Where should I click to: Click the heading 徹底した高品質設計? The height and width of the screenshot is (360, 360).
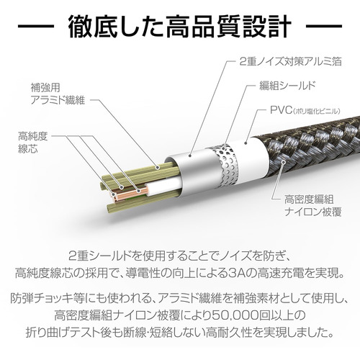(179, 26)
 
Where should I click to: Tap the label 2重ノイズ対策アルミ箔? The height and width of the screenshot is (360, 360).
(290, 61)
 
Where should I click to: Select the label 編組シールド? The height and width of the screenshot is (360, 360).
(287, 86)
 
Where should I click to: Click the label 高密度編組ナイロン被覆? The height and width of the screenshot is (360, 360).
(312, 205)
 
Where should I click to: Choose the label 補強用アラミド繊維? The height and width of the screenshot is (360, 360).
(58, 94)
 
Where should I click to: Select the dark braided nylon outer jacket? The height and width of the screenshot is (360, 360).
(312, 149)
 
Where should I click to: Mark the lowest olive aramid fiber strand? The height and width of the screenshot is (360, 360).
(142, 204)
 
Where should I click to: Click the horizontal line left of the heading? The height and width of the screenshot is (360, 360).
(35, 26)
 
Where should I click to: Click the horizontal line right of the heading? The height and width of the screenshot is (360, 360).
(324, 26)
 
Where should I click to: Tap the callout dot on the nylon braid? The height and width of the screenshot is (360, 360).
(284, 162)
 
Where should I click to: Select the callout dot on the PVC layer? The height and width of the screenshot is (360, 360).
(246, 143)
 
